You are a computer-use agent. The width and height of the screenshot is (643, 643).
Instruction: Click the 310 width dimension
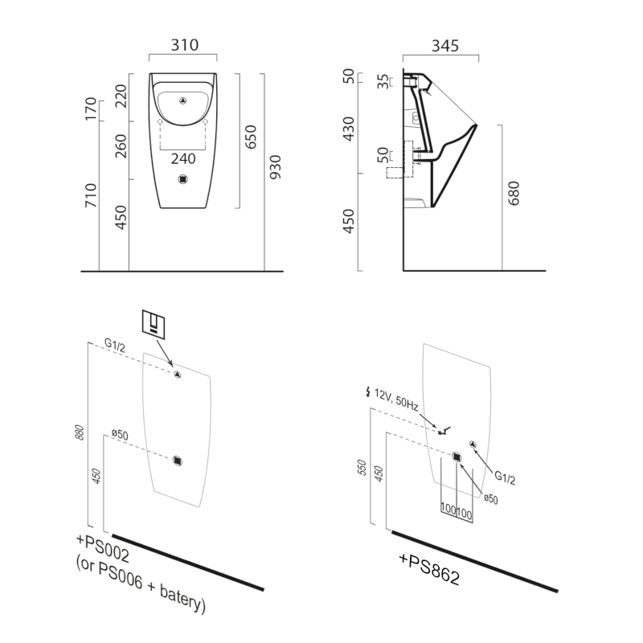tap(184, 46)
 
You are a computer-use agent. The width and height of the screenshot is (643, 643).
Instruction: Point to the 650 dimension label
tap(251, 137)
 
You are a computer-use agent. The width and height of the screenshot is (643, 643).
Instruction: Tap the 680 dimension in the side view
tap(514, 194)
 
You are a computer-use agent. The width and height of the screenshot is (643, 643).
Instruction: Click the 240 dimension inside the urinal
tap(184, 158)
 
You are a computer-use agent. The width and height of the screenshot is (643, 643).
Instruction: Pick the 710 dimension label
tap(92, 197)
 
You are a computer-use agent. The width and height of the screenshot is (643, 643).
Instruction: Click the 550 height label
tap(362, 469)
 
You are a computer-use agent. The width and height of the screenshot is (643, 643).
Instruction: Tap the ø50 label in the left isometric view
tap(120, 435)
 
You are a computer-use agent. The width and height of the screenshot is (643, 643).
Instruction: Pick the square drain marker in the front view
tap(184, 180)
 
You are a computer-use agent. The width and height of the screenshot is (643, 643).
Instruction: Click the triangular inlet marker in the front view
tap(184, 101)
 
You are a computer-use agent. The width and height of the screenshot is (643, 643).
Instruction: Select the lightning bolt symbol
tap(369, 393)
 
